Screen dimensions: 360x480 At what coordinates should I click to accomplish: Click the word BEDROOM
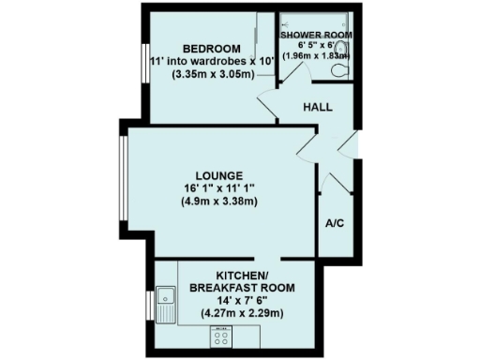(211, 49)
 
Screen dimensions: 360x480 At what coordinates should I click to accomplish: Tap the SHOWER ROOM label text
(316, 34)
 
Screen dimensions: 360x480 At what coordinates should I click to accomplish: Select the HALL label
(318, 108)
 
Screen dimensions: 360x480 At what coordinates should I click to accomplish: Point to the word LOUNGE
(219, 175)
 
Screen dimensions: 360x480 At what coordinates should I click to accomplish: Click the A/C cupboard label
(334, 223)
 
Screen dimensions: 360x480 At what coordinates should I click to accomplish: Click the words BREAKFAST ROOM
(243, 287)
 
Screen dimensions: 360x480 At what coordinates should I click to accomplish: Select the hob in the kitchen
(222, 335)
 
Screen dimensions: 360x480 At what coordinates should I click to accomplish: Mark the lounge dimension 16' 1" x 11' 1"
(220, 188)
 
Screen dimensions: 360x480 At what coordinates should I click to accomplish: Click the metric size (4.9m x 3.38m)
(220, 202)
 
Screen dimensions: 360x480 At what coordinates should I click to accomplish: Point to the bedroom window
(143, 65)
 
